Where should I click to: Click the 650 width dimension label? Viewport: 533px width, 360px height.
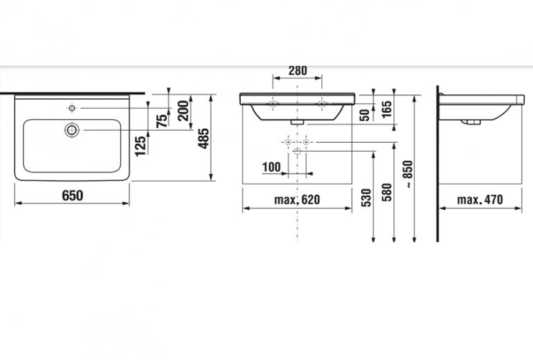tap(73, 195)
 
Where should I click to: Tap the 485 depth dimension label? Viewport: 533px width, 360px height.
tap(204, 138)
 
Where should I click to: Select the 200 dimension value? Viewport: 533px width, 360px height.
tap(183, 111)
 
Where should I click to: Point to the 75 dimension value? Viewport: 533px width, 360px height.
tap(162, 120)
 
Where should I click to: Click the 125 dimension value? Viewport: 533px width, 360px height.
tap(141, 146)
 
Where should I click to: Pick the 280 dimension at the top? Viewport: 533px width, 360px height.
tap(298, 71)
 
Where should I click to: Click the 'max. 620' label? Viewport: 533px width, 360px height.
tap(297, 199)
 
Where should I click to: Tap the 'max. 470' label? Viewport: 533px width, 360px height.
tap(480, 199)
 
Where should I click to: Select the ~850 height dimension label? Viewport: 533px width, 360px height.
tap(408, 174)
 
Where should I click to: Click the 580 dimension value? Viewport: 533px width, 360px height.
tap(387, 192)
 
